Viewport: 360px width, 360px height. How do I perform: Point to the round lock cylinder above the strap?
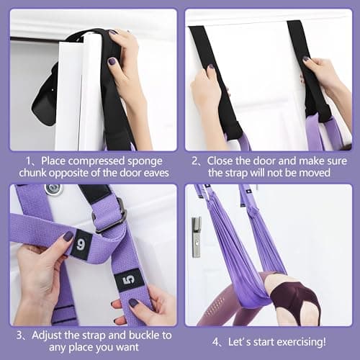pos(53,189)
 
